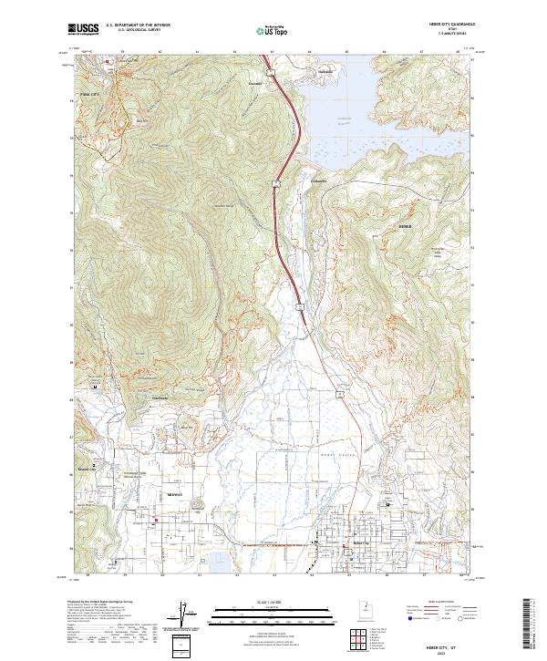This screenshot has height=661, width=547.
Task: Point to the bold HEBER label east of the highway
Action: [406, 222]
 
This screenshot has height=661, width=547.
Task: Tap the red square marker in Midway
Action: [156, 521]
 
